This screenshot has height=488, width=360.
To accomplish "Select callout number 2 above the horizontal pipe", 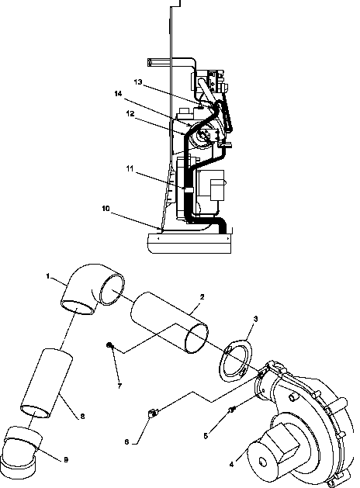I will tap(202, 296).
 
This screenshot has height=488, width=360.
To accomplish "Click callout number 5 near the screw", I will tap(205, 436).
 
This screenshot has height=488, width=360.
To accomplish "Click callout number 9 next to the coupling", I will tap(64, 460).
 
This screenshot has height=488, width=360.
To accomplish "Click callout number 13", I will tap(137, 81).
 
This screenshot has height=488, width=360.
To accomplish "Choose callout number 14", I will tap(117, 94).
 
